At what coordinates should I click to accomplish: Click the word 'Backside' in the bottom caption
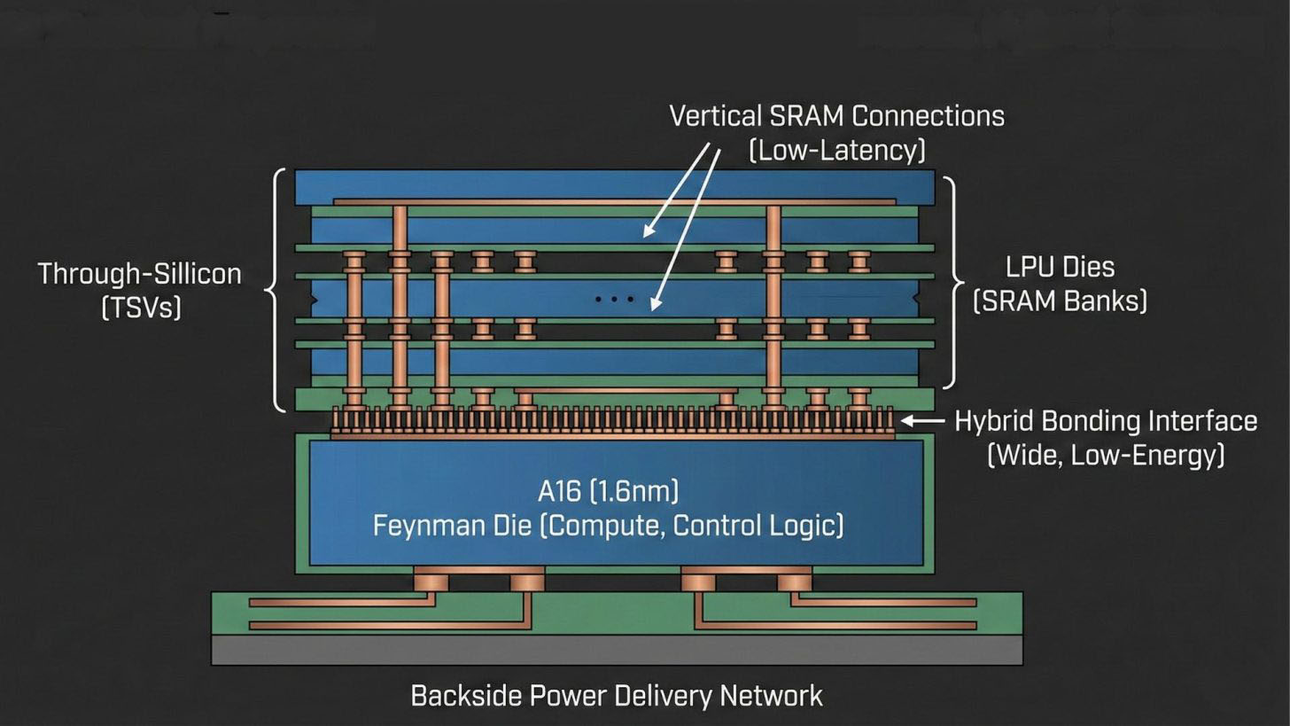(x=467, y=696)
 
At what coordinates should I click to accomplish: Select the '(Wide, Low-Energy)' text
(x=1106, y=456)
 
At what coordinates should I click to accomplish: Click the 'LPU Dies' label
(x=1060, y=267)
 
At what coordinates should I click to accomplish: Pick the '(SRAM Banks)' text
(x=1060, y=301)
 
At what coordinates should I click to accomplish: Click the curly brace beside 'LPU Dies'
(x=953, y=283)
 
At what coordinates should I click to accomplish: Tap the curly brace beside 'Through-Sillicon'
(x=276, y=289)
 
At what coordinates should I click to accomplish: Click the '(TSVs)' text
(x=142, y=308)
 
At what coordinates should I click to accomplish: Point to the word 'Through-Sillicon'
(x=139, y=273)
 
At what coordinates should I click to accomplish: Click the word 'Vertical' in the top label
(x=715, y=116)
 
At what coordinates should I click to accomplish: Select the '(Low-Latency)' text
(x=837, y=151)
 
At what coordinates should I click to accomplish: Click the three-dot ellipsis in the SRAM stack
(x=614, y=300)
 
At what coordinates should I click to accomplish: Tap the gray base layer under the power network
(x=617, y=650)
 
